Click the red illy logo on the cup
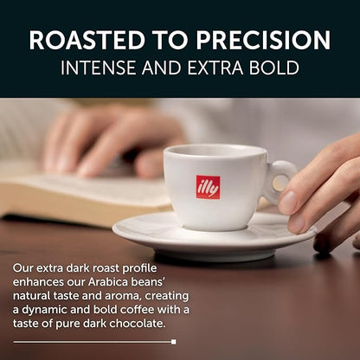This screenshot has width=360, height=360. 208,187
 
